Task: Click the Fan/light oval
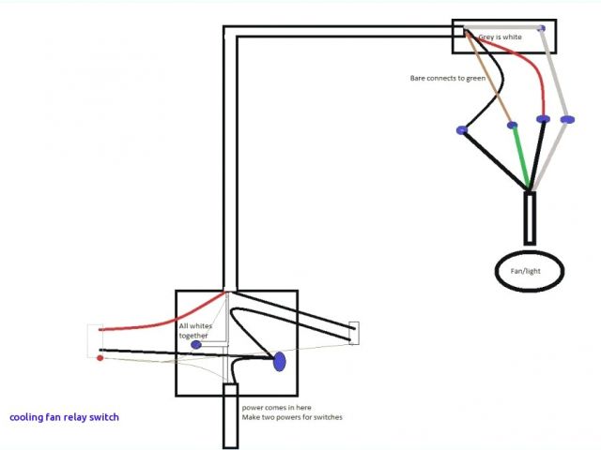531,271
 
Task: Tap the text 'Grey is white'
500,37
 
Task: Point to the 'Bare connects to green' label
447,78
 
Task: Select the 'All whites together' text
196,330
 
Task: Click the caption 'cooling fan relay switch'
64,417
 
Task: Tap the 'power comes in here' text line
278,408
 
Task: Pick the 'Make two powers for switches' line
292,417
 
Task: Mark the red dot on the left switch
100,357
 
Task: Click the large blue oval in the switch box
279,362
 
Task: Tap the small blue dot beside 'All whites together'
195,345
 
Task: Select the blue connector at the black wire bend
461,129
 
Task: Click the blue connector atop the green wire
512,125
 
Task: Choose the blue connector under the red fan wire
543,119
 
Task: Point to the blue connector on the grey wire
566,120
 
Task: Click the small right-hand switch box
354,333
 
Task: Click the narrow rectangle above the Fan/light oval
530,217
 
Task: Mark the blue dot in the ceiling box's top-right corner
541,28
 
